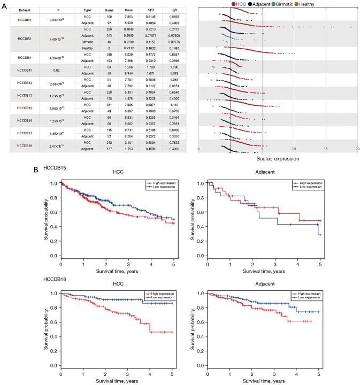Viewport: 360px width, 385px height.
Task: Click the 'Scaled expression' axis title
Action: click(x=277, y=159)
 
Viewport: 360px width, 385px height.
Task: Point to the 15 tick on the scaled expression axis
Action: click(x=325, y=149)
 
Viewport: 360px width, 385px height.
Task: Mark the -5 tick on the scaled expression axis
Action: click(x=199, y=149)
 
